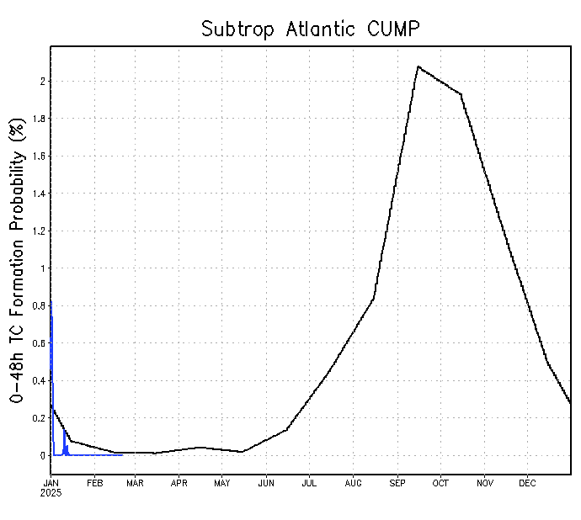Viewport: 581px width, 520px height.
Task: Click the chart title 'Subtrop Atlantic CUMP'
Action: click(310, 29)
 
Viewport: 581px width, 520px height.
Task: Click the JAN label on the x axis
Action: click(51, 483)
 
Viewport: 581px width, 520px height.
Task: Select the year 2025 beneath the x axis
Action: click(51, 492)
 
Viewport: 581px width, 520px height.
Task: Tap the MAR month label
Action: click(136, 483)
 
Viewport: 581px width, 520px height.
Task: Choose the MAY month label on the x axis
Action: click(221, 483)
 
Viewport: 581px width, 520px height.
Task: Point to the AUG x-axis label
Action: click(354, 483)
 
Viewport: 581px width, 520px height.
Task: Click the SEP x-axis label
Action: click(397, 483)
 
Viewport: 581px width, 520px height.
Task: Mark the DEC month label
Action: click(527, 483)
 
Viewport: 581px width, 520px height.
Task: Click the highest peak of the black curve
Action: click(418, 66)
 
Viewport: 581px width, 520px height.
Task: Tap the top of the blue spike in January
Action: click(51, 300)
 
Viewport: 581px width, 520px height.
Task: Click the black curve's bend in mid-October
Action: click(461, 93)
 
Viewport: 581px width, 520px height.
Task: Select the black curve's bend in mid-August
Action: click(374, 298)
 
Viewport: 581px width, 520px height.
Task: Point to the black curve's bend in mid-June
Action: click(287, 429)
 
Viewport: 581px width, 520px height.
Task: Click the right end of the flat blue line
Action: click(123, 455)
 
